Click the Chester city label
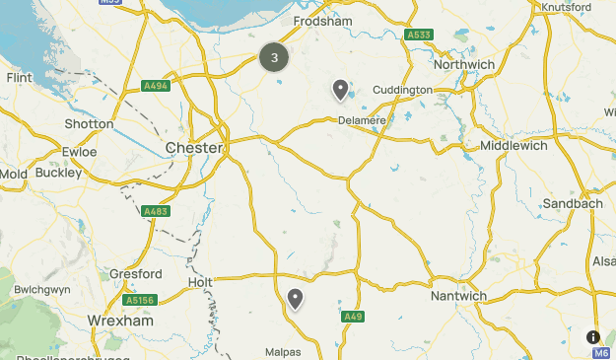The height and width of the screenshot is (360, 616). pos(195,148)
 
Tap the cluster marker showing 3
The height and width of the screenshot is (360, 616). pos(274,57)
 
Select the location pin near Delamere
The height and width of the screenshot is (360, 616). pos(340,91)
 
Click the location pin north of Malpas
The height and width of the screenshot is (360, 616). pos(295,299)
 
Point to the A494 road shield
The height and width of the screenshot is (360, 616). pos(155,85)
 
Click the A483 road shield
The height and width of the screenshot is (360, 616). pos(155,211)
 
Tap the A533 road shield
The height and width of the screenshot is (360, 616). pos(419,35)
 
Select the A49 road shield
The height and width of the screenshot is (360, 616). pos(354,317)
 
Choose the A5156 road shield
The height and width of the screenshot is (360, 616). pos(139,300)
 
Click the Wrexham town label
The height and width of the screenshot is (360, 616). pos(117,322)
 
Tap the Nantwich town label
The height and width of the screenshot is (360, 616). pos(459,295)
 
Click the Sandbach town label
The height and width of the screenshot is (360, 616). pos(573,204)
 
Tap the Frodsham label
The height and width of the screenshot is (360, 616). pos(322,20)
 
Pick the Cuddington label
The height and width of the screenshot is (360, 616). pos(403,90)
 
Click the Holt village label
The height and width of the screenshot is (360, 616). pos(200,283)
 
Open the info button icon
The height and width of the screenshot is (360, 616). pos(592,336)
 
